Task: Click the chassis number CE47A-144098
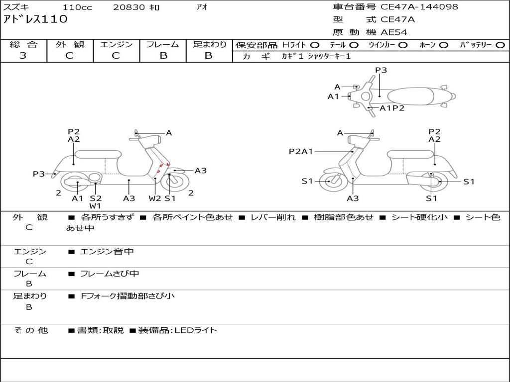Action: [419, 7]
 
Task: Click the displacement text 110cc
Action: [77, 7]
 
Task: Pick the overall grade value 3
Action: [23, 55]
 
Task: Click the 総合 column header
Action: [23, 44]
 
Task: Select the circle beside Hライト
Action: [315, 45]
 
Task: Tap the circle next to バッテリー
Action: [500, 45]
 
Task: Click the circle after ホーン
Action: [443, 45]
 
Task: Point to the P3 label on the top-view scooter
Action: [381, 70]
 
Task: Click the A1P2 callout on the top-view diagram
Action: [392, 108]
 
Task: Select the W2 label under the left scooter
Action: [155, 198]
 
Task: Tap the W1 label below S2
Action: [95, 206]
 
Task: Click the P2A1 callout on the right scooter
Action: [301, 151]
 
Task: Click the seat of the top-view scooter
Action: [411, 96]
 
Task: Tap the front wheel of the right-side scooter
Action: [332, 181]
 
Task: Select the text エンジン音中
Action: [107, 251]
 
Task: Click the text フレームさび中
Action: [110, 274]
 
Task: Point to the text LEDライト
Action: [196, 330]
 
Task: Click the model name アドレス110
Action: [35, 19]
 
